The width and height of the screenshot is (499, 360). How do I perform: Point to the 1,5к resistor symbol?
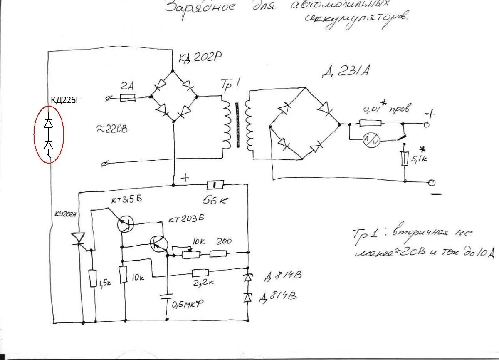93,278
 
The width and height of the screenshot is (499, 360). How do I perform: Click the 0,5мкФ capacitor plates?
167,296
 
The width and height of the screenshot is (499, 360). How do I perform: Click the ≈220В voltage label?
112,129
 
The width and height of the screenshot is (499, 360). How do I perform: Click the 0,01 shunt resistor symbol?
370,123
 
